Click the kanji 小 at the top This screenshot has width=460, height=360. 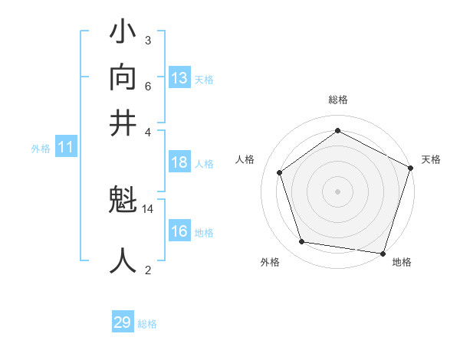(x=123, y=35)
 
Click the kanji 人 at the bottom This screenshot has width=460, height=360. (x=123, y=260)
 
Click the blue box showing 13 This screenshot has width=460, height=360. (x=179, y=78)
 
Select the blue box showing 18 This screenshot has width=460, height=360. (x=179, y=162)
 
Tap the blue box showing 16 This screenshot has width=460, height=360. (x=179, y=232)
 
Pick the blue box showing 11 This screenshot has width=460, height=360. (x=65, y=148)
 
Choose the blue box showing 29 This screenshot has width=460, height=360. (x=123, y=322)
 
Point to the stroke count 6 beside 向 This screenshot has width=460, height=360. (x=147, y=86)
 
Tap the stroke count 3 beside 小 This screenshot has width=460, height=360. (x=147, y=40)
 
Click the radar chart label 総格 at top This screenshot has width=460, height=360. (x=337, y=100)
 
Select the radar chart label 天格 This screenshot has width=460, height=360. (x=431, y=159)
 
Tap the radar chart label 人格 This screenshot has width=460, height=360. (x=245, y=159)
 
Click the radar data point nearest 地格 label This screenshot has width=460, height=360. (x=382, y=253)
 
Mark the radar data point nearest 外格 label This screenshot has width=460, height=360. (x=302, y=242)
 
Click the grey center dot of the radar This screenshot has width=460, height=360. (x=337, y=191)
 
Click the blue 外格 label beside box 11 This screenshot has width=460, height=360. (x=41, y=149)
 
